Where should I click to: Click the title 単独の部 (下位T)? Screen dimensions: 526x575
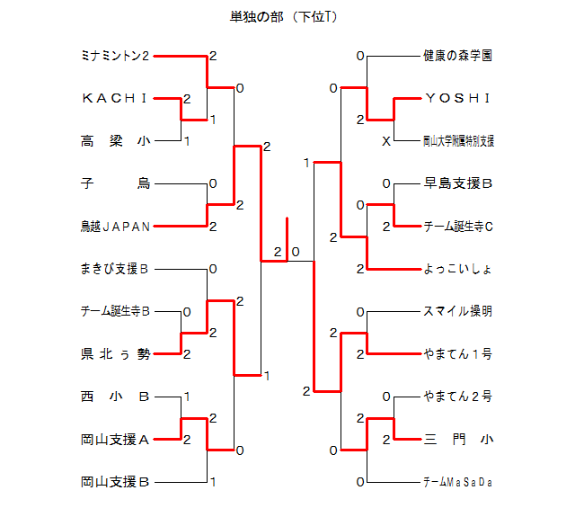(284, 17)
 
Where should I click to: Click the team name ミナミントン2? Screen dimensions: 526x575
(114, 56)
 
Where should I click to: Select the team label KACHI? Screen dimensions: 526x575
(114, 98)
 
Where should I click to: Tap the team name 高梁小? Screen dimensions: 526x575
(114, 141)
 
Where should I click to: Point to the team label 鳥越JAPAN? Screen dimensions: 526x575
(114, 227)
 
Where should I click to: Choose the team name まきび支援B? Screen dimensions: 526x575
(114, 269)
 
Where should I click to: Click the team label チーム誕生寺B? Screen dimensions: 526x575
(114, 312)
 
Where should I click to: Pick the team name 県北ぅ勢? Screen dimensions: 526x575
(114, 354)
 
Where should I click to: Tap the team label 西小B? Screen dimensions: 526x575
(114, 397)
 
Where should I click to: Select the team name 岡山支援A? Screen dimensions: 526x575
(114, 440)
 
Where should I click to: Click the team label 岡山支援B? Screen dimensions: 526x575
(114, 482)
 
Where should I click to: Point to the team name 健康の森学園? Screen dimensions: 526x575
(457, 56)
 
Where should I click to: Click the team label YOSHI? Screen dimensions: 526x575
(457, 98)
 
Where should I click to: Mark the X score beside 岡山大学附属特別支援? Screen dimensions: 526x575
(385, 141)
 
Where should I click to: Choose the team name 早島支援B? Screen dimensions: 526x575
(457, 183)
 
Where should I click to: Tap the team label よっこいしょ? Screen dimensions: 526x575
(457, 269)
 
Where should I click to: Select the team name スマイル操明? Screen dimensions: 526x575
(457, 312)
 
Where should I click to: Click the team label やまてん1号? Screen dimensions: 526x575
(457, 354)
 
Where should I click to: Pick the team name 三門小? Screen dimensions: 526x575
(457, 440)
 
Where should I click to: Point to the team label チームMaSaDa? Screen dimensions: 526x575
(457, 483)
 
